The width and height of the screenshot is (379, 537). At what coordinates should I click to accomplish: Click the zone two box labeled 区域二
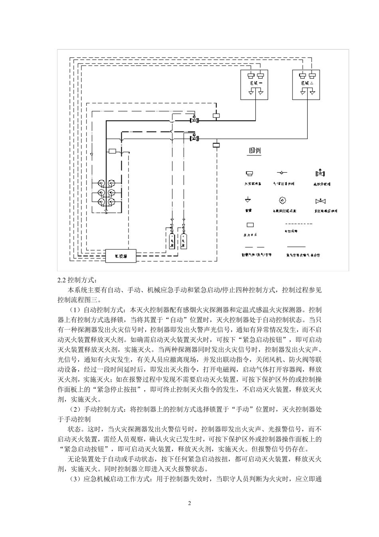[x=308, y=84]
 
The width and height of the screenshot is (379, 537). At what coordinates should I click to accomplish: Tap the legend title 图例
[x=255, y=151]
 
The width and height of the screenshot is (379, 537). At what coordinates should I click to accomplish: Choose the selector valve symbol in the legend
[x=320, y=174]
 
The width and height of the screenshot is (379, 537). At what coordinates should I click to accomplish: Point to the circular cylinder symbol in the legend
[x=283, y=200]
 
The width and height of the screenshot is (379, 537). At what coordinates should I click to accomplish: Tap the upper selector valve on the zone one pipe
[x=195, y=120]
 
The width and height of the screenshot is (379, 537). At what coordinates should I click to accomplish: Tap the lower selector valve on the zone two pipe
[x=195, y=137]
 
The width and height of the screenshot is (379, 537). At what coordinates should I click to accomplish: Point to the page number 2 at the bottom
[x=189, y=503]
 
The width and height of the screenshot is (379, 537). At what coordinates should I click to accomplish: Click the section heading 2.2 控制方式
[x=77, y=280]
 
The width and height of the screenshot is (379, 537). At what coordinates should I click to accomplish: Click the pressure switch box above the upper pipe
[x=216, y=116]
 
